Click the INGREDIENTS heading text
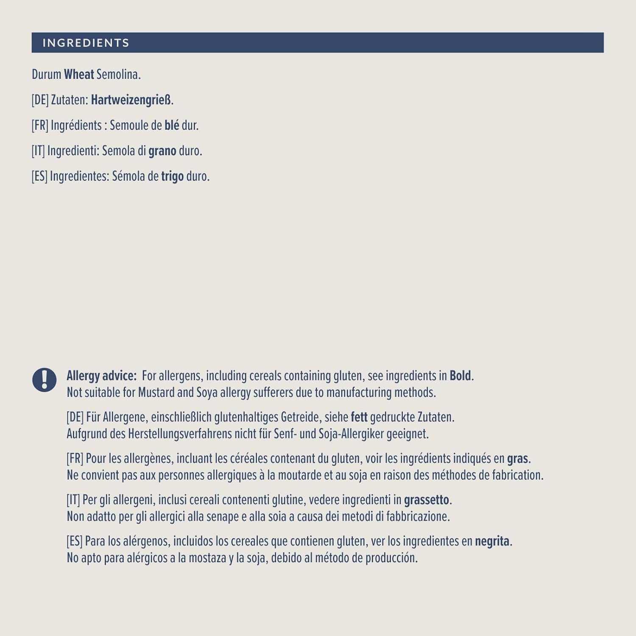(x=86, y=43)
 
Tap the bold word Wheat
(x=79, y=75)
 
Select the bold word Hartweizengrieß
(x=131, y=100)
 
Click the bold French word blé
(x=172, y=126)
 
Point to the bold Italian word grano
(x=162, y=151)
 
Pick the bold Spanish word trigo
(x=172, y=176)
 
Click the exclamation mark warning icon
(x=45, y=379)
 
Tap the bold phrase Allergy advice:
(x=102, y=376)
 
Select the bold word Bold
(x=460, y=376)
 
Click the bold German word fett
(x=359, y=417)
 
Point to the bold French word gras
(x=517, y=459)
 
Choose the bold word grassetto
(x=426, y=500)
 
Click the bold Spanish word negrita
(x=492, y=541)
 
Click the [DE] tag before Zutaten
(x=40, y=100)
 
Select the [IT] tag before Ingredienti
(x=38, y=151)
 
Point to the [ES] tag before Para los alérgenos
(x=74, y=541)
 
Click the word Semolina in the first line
(x=118, y=75)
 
